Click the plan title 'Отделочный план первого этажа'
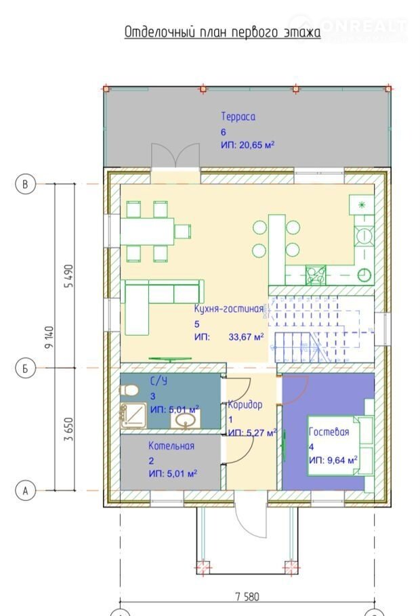[223, 32]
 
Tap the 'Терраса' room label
[238, 116]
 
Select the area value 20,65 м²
[257, 145]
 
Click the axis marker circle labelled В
[26, 184]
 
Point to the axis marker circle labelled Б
[26, 368]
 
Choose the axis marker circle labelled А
[26, 490]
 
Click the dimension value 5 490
[69, 276]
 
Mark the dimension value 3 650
[69, 429]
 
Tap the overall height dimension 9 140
[49, 337]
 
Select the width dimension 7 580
[247, 597]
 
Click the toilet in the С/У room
[129, 391]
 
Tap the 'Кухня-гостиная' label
[228, 309]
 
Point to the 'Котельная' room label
[171, 445]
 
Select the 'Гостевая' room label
[329, 432]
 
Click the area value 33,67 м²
[246, 336]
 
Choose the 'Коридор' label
[245, 405]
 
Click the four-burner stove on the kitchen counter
[316, 275]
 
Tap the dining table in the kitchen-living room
[147, 232]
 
